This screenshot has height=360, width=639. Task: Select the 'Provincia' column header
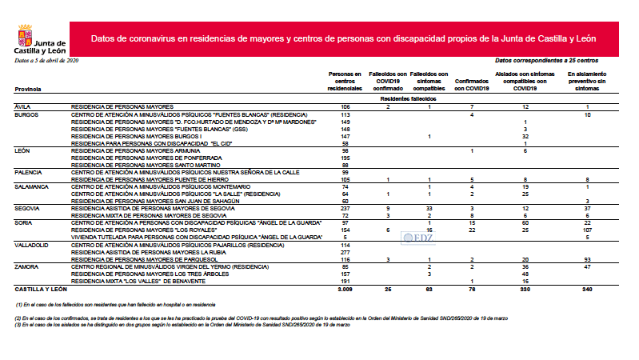point(29,89)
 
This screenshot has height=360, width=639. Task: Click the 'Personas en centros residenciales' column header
point(345,80)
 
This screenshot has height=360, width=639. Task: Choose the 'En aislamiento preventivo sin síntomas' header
point(587,80)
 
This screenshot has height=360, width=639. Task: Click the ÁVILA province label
point(24,106)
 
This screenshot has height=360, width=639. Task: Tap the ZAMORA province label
point(28,266)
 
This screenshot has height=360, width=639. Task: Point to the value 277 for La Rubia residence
point(345,253)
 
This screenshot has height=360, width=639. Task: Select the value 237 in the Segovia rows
point(345,206)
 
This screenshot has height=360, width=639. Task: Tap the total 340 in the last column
point(587,288)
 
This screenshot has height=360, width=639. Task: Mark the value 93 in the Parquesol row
point(587,260)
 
